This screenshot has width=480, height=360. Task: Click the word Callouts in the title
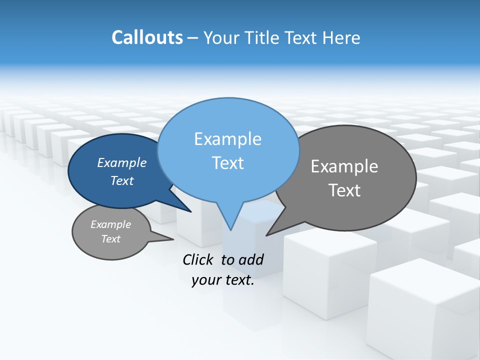point(147,37)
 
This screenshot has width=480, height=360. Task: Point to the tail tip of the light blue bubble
point(230,228)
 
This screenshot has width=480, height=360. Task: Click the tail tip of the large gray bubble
point(268,234)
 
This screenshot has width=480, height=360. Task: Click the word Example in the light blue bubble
point(227,139)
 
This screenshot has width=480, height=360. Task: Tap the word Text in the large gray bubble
point(344,190)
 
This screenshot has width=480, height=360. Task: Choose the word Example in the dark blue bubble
point(121,162)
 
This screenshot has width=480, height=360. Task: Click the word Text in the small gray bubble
point(110,239)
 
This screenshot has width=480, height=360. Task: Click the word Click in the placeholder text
point(199,259)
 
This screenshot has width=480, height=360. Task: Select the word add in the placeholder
point(250,259)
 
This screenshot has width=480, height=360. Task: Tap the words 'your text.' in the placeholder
point(223,280)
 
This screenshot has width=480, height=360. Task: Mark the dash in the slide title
point(193,38)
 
